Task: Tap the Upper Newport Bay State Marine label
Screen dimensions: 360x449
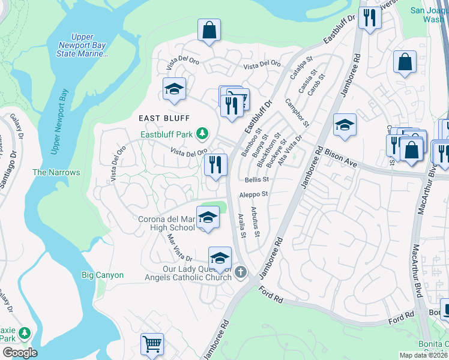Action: [x=82, y=46]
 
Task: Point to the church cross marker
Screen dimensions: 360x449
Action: [x=240, y=273]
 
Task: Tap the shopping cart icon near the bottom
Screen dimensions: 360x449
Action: [x=152, y=344]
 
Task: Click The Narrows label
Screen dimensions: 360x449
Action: [x=56, y=172]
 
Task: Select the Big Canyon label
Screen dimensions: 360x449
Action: [x=103, y=275]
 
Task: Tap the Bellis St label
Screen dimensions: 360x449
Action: [x=256, y=179]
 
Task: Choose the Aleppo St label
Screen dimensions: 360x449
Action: [x=253, y=194]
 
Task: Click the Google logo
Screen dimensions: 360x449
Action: [x=20, y=352]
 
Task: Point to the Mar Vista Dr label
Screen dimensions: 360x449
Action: [x=179, y=246]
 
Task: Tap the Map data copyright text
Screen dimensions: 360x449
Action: [x=424, y=355]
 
